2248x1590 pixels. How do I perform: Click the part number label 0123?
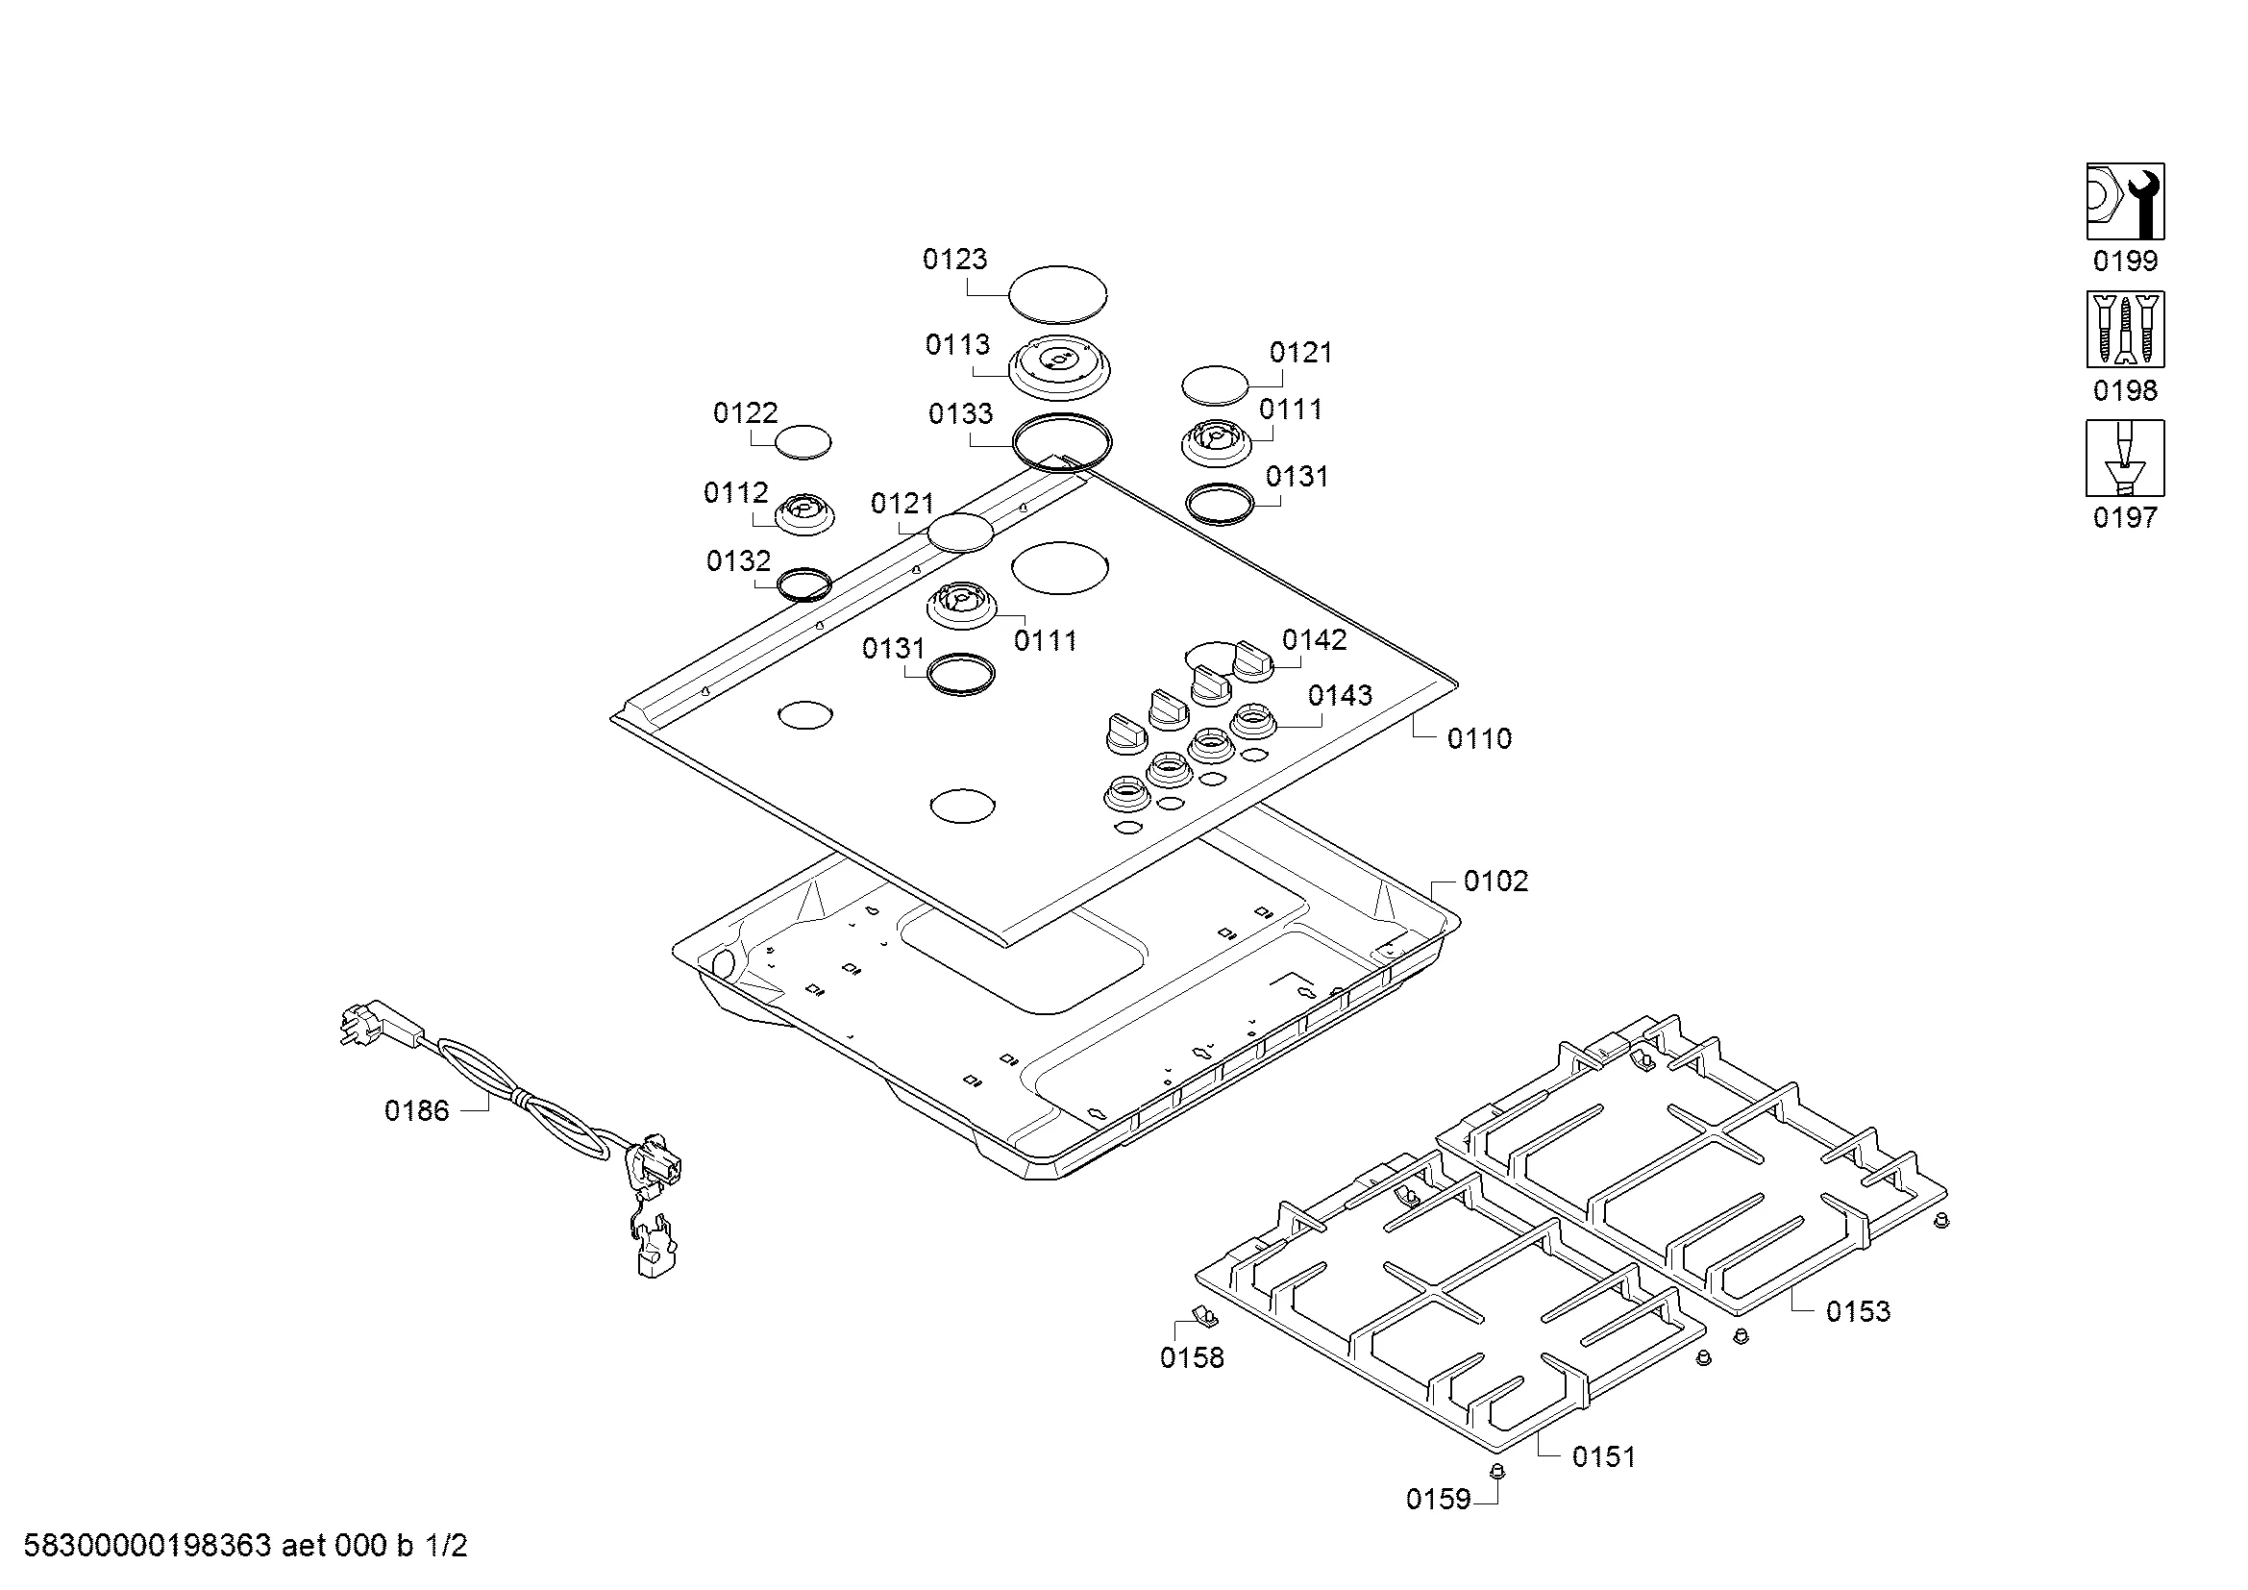954,260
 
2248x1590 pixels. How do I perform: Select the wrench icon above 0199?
2125,201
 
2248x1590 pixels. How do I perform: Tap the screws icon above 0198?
2125,329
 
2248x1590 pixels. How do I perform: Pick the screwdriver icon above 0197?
2125,459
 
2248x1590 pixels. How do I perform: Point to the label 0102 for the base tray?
1495,882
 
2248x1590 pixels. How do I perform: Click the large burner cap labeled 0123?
1057,293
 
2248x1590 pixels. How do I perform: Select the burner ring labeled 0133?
1062,443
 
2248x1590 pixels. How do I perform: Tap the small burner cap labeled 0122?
803,442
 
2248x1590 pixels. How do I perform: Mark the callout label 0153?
1858,1311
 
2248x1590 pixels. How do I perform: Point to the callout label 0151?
1604,1456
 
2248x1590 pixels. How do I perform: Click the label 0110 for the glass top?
1479,738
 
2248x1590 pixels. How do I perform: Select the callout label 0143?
1341,695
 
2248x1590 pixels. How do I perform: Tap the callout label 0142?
1314,639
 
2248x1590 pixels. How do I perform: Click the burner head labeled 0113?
1059,367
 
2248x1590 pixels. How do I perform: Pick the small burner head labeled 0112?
804,513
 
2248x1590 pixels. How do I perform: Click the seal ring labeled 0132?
803,584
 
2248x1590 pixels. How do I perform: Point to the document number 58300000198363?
147,1546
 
